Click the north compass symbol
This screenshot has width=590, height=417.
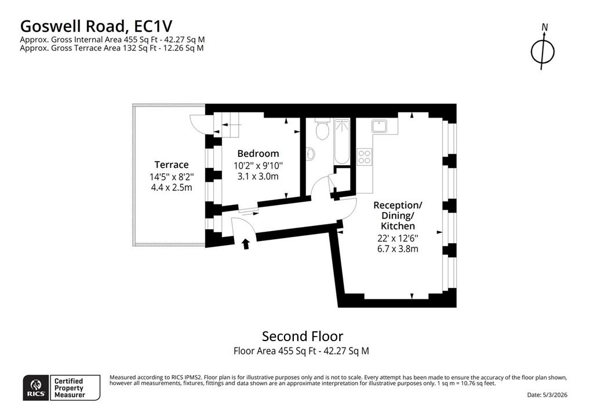point(543,50)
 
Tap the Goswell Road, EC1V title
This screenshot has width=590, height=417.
point(96,26)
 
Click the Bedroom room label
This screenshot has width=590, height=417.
point(258,153)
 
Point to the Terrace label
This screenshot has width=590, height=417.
point(171,164)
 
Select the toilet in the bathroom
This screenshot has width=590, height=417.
point(322,131)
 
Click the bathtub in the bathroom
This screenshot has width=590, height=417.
point(341,142)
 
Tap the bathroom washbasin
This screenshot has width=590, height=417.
point(310,154)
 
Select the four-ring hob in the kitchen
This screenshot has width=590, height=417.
point(365,157)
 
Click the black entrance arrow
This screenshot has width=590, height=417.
point(246,244)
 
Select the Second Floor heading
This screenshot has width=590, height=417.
point(303,336)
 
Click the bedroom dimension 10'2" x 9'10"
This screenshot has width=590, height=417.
point(258,166)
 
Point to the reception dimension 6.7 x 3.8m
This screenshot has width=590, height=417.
point(397,249)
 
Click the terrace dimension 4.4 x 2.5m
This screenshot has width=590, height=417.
point(171,187)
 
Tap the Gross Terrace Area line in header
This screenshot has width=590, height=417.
point(111,48)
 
